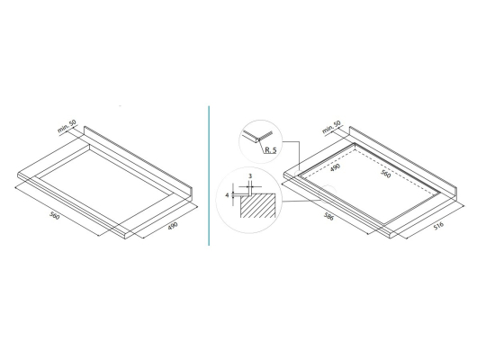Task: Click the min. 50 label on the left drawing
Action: tap(67, 126)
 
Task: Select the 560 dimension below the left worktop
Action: tap(55, 216)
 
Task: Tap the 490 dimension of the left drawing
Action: tap(173, 226)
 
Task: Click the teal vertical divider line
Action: tap(209, 175)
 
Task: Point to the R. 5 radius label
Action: tap(271, 150)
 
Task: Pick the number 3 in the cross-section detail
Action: tap(250, 176)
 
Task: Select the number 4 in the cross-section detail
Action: tap(227, 195)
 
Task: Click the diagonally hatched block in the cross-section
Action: tap(257, 205)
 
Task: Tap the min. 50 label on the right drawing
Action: tap(331, 127)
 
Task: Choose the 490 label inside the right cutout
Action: tap(335, 167)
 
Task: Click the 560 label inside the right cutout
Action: tap(386, 174)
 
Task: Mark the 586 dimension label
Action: tap(328, 216)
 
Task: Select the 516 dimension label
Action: tap(438, 226)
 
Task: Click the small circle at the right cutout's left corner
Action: tap(299, 175)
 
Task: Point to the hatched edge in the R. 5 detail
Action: tap(265, 135)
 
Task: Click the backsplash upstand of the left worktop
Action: tap(138, 161)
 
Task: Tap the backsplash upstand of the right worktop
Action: tap(403, 161)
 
